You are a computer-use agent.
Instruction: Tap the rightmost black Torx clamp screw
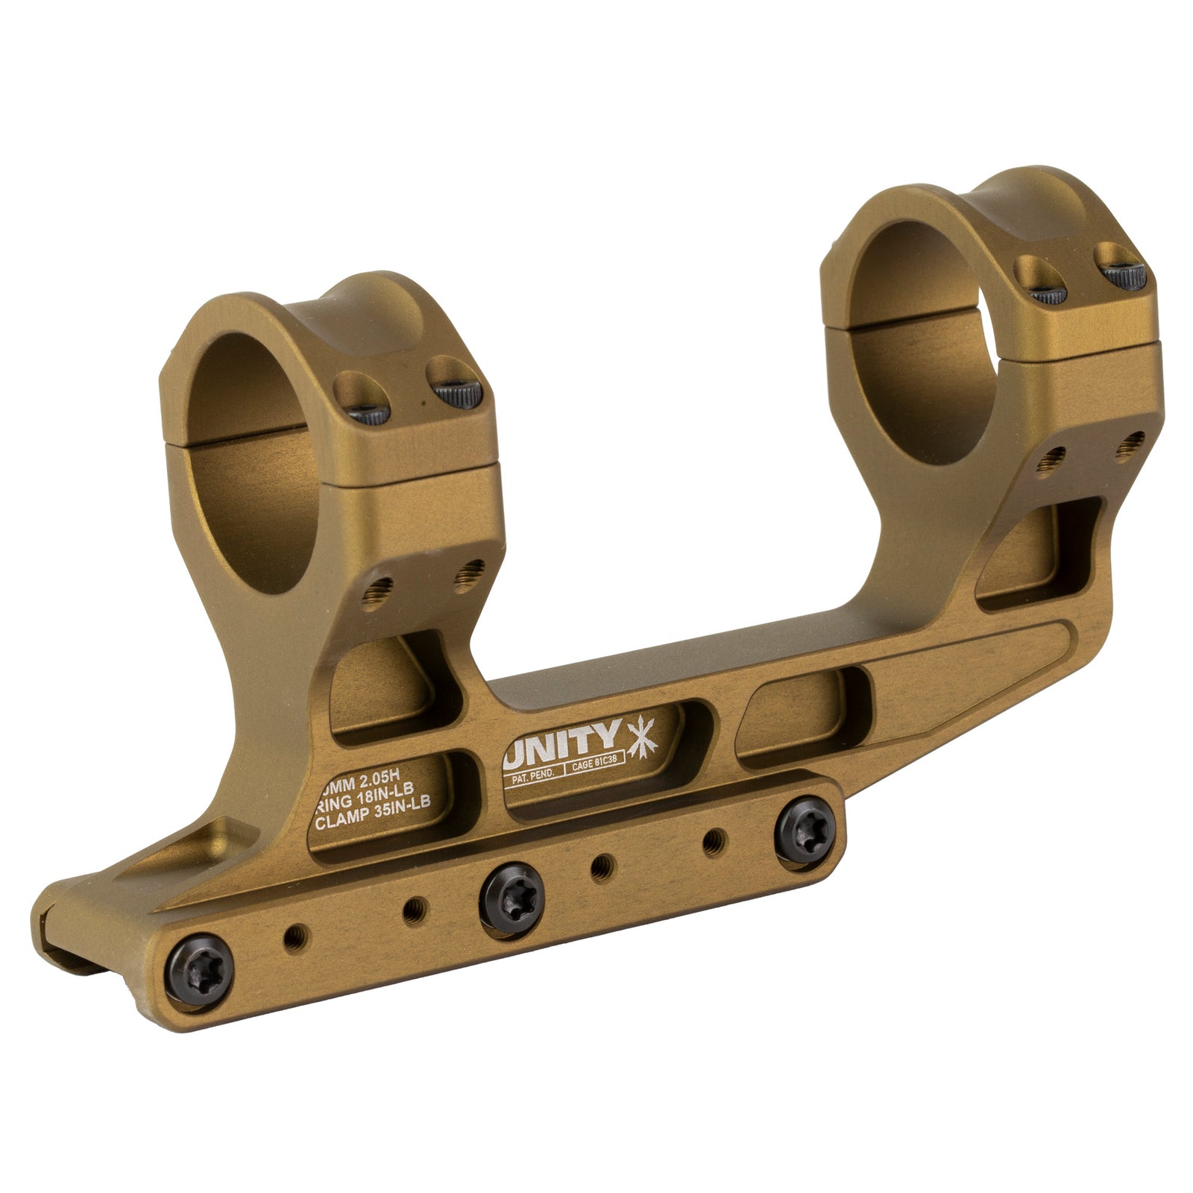[805, 826]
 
